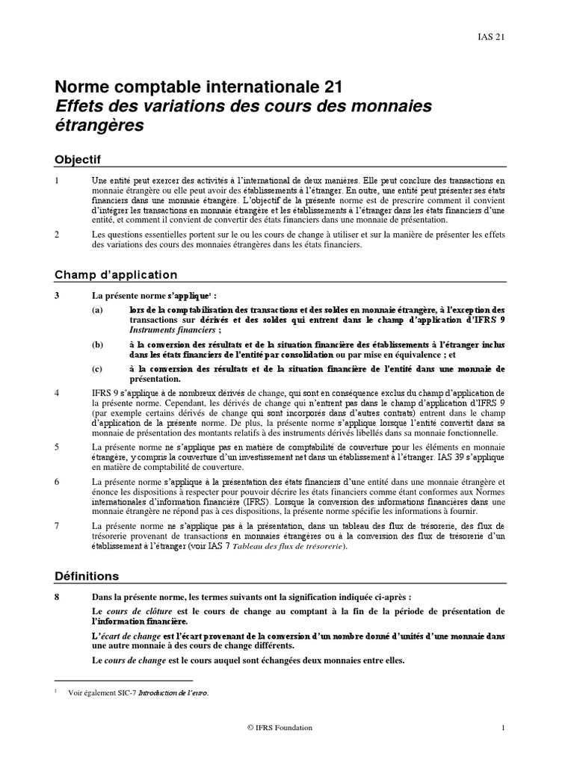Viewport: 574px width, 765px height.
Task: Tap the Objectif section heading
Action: pos(78,159)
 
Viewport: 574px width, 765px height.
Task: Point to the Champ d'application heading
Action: pos(116,274)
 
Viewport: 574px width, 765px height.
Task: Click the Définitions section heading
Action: pos(87,576)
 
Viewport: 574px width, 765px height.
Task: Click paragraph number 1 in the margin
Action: pos(58,181)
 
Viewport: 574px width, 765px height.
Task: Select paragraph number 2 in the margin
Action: pos(58,234)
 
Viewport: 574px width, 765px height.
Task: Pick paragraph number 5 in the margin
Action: pos(58,446)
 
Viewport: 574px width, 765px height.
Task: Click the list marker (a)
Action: pos(98,309)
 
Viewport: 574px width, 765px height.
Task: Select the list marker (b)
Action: pos(98,344)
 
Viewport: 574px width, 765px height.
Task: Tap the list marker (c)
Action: pos(98,369)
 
